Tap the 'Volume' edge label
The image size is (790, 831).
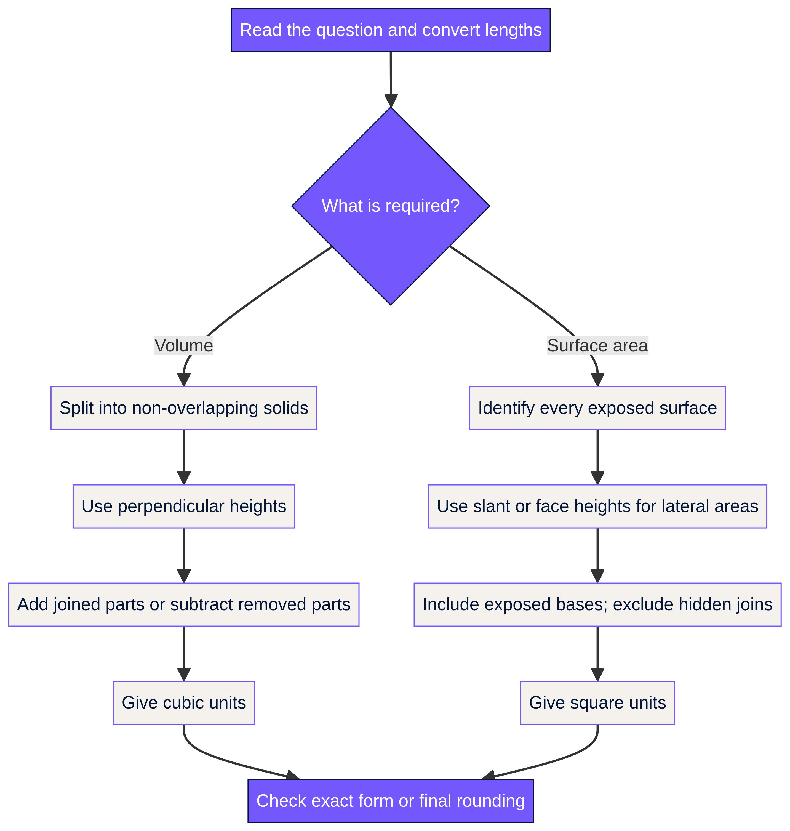point(184,346)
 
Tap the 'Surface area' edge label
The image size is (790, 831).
point(597,346)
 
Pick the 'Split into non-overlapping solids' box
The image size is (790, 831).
point(184,408)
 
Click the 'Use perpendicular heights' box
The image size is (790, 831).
point(184,506)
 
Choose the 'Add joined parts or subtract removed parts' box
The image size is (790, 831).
point(184,604)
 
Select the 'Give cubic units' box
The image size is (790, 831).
point(184,702)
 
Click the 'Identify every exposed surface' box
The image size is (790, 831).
point(597,408)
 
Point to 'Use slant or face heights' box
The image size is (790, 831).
point(597,506)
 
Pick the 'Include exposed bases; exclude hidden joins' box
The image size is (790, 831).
point(597,604)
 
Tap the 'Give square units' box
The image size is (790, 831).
point(597,702)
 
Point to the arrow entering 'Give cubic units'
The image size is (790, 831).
point(184,654)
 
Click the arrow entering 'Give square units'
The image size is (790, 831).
point(597,654)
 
